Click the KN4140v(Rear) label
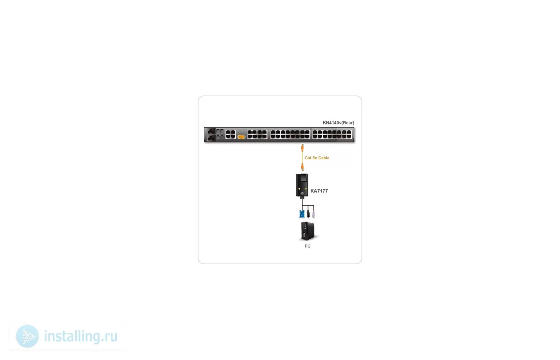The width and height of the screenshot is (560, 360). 338,123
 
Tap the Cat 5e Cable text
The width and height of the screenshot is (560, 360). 317,158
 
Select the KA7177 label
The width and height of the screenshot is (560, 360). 319,191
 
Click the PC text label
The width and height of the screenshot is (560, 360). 308,246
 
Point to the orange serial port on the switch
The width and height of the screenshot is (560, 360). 241,137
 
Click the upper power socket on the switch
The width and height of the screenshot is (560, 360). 211,131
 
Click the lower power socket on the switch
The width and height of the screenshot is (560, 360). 211,138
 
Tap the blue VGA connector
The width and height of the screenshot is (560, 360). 302,214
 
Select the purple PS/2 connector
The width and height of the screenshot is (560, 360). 314,214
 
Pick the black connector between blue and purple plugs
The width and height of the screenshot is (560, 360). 308,214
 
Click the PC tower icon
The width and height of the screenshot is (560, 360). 308,231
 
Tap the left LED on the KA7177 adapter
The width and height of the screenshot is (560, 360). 299,189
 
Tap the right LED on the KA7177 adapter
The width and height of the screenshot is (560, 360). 306,189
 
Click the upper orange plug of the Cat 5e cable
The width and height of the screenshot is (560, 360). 302,148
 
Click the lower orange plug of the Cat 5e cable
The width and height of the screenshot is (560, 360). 302,167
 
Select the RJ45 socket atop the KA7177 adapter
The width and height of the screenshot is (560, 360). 304,178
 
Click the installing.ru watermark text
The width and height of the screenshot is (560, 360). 81,336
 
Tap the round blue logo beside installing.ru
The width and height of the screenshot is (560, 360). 27,336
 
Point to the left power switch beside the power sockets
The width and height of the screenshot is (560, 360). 218,132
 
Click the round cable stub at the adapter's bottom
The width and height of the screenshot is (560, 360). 302,194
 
